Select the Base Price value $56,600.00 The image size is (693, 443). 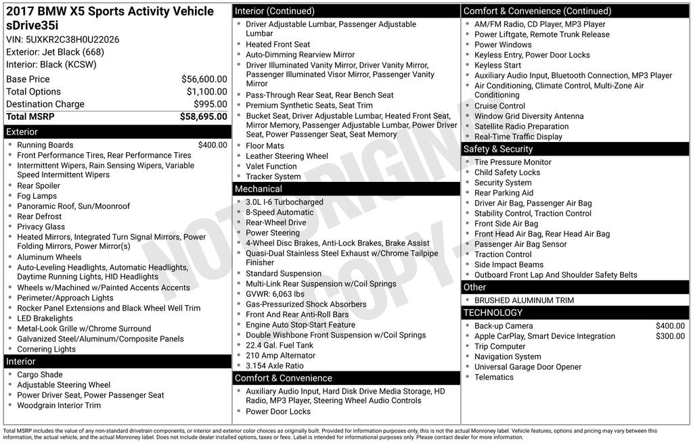[204, 79]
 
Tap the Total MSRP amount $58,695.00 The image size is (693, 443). [203, 116]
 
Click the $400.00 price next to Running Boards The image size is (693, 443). [213, 145]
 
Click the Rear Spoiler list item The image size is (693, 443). [39, 186]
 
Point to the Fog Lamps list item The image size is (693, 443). [37, 196]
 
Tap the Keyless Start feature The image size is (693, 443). [497, 65]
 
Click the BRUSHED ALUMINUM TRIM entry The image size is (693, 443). [524, 300]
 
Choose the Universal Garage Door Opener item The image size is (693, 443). [528, 367]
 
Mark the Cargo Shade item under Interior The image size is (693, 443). [40, 375]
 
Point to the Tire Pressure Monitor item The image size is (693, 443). [513, 162]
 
